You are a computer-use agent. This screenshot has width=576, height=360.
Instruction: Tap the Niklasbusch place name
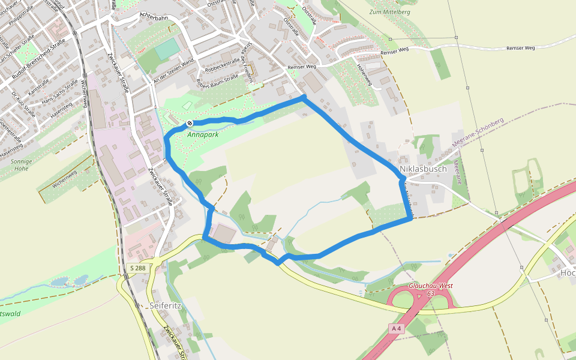[423, 169]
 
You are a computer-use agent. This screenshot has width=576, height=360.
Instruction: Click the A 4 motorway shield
[395, 328]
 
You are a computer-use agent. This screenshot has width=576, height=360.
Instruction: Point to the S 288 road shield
[137, 268]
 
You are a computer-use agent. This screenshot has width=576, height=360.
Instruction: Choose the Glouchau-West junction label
[430, 287]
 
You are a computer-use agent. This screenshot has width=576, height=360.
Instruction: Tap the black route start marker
[190, 123]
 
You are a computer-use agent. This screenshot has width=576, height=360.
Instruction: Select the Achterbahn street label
[153, 18]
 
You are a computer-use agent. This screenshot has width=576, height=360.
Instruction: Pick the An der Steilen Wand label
[174, 71]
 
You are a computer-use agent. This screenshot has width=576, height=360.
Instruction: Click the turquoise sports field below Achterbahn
[167, 49]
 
